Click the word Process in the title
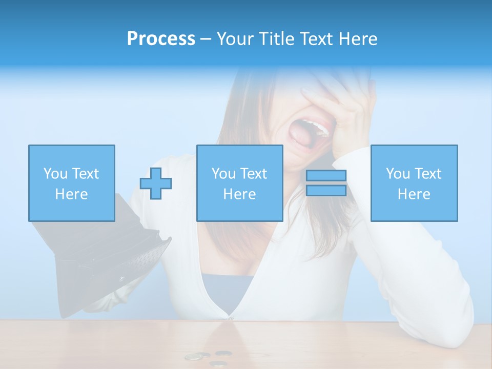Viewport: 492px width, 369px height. point(161,39)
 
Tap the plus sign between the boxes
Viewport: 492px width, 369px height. point(156,183)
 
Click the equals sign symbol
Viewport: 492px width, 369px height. point(326,183)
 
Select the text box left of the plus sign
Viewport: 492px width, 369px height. point(72,183)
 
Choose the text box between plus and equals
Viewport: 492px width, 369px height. point(239,183)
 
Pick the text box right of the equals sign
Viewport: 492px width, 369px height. point(414,183)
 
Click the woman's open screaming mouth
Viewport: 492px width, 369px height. point(306,136)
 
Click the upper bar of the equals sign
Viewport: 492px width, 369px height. point(326,175)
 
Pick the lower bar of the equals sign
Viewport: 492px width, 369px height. point(326,191)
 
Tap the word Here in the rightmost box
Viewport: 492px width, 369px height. point(414,194)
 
